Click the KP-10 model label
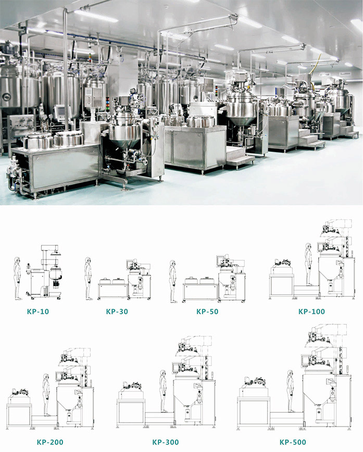38,311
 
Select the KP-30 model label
117,311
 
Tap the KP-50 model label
207,311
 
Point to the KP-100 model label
311,311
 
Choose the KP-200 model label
50,442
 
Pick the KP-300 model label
166,442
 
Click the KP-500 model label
293,442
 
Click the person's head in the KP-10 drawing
17,260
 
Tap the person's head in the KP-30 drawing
88,260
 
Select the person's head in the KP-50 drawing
173,263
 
